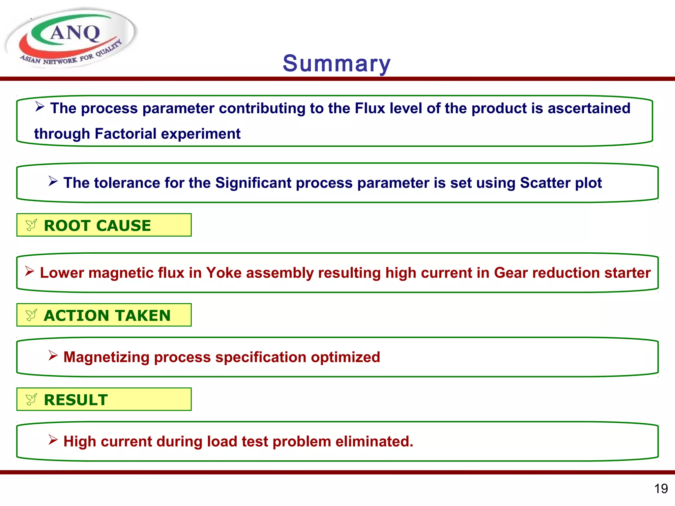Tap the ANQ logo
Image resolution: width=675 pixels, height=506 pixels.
71,38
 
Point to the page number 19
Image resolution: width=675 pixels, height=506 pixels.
661,489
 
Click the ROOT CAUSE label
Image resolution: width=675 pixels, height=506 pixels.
97,226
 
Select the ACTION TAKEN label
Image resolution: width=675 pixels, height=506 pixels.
107,316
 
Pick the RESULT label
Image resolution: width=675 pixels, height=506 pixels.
76,400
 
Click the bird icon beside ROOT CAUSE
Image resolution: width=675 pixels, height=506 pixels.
31,225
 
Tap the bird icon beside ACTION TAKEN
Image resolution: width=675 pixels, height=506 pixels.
31,315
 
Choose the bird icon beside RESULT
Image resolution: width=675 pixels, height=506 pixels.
31,400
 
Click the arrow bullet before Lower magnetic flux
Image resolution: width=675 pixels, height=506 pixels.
30,271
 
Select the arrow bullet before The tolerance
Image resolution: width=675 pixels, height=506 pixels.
53,181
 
